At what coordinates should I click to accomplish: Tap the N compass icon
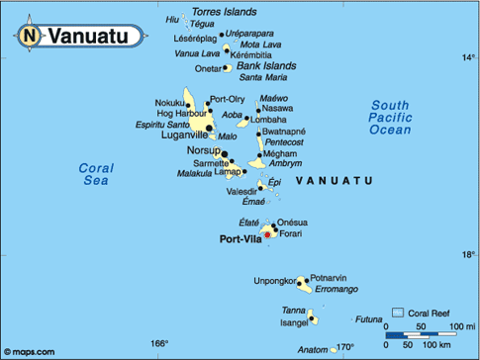click(x=29, y=37)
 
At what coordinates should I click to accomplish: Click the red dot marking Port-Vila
click(x=266, y=234)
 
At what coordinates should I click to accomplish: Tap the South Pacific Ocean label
click(x=390, y=117)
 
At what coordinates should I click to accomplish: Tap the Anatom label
click(x=312, y=349)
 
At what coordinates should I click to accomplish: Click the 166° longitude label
click(x=159, y=343)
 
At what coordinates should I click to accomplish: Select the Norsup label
click(x=203, y=150)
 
